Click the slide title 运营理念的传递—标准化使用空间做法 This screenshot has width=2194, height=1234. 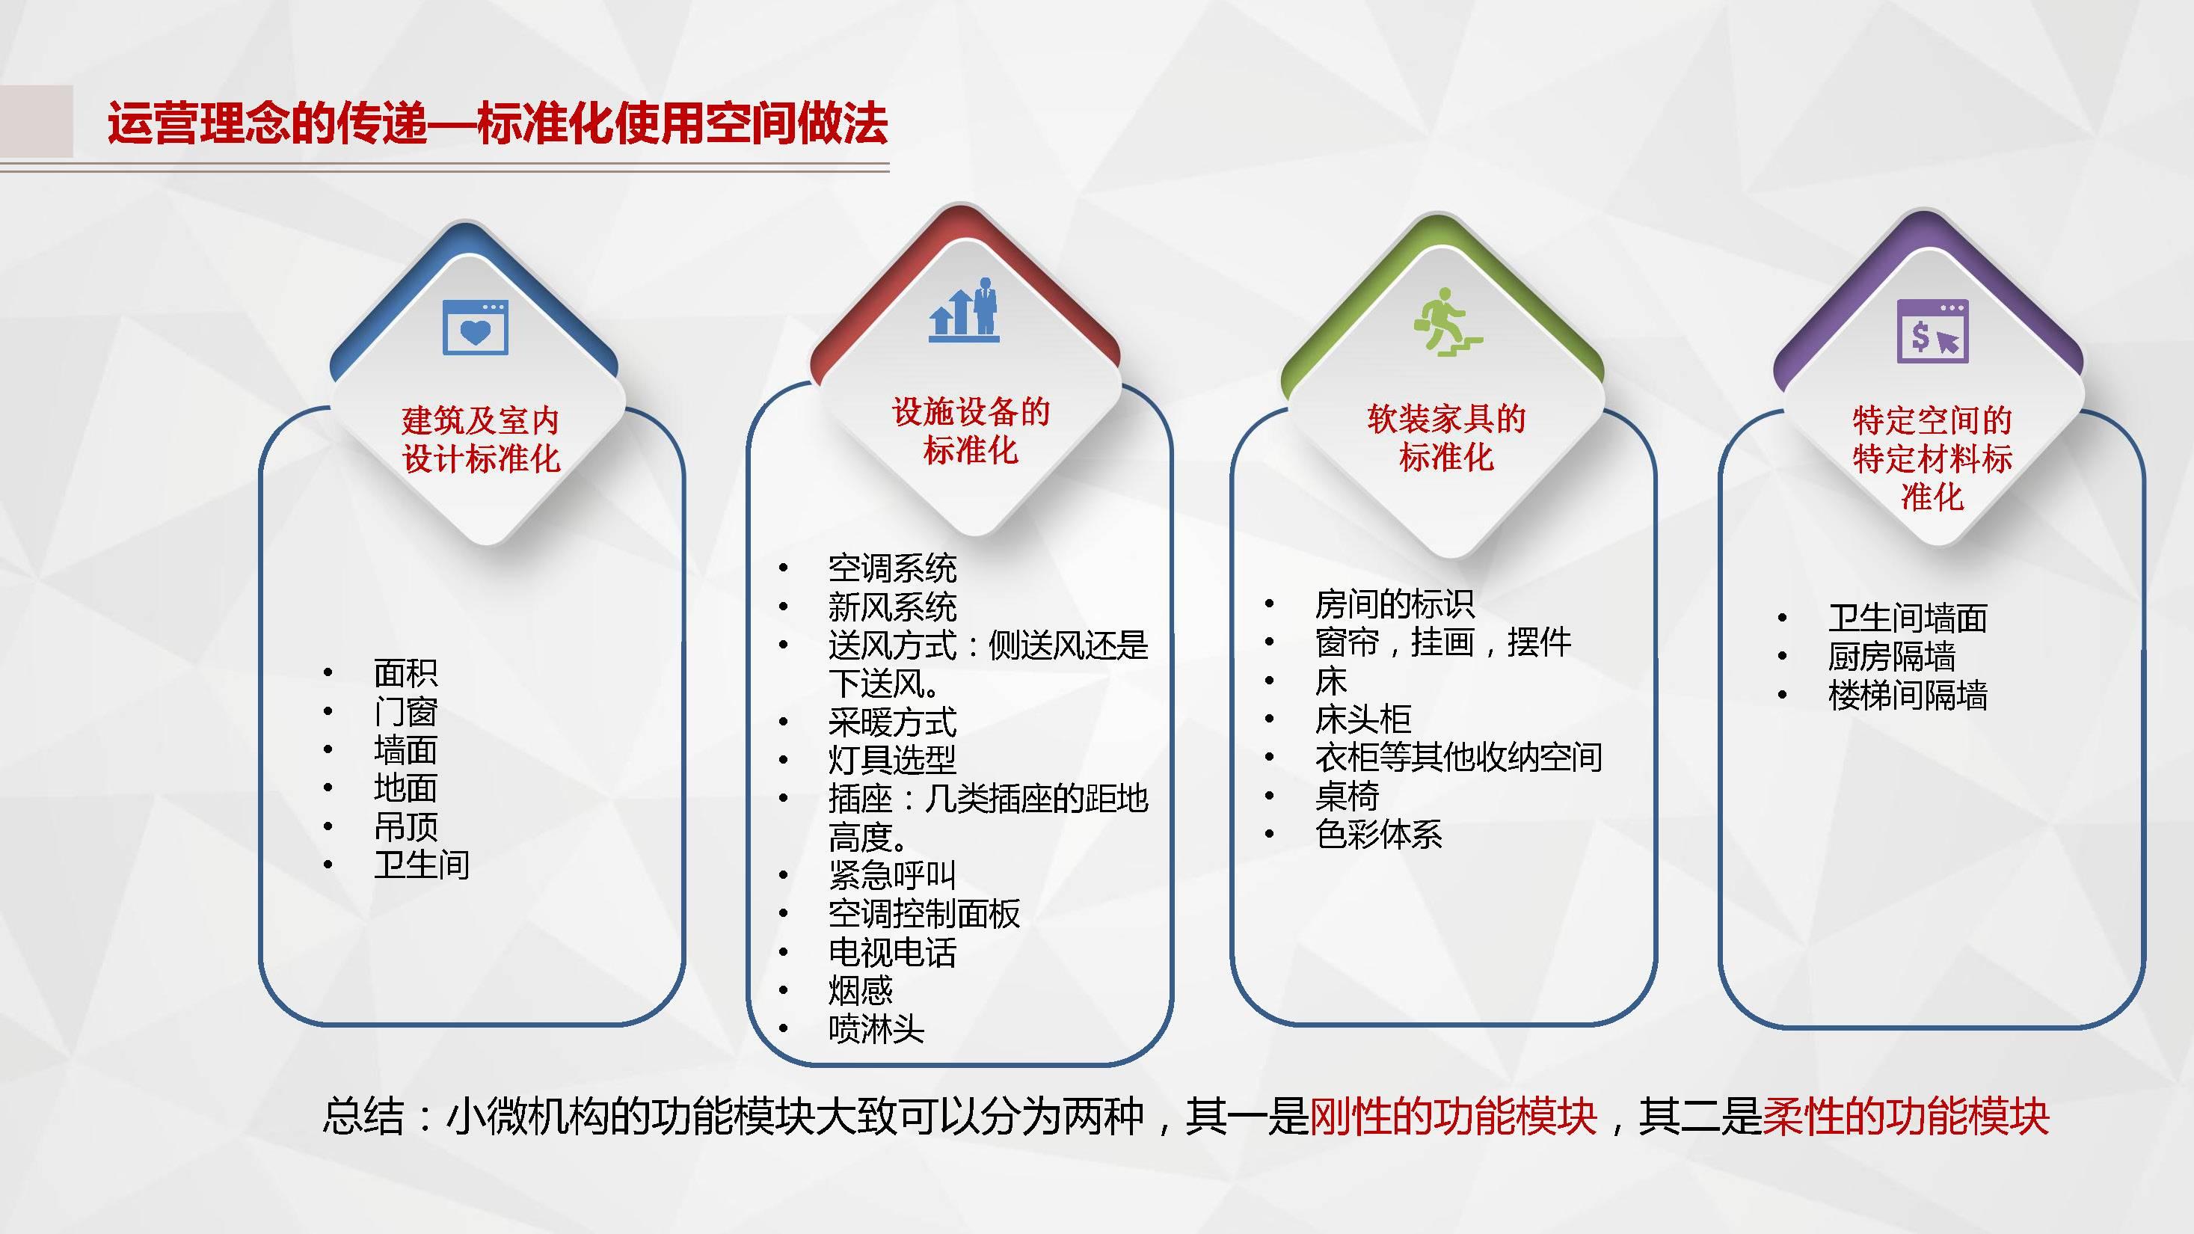(x=497, y=123)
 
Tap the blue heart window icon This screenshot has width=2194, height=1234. (x=476, y=326)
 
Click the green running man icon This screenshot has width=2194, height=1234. (x=1447, y=322)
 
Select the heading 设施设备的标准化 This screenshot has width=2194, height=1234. (x=971, y=431)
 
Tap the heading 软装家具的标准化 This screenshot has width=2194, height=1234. (x=1446, y=438)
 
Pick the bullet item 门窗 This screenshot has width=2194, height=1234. (x=405, y=711)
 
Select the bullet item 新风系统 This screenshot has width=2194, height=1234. (x=893, y=607)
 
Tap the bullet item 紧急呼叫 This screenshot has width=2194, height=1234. (x=893, y=874)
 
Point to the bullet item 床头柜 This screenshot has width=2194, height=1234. (x=1362, y=719)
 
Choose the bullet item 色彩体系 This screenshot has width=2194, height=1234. (x=1379, y=834)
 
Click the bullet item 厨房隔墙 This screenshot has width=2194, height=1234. (x=1892, y=657)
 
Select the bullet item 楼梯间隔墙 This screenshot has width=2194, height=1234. (x=1908, y=695)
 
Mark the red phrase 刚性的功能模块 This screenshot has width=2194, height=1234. (x=1452, y=1117)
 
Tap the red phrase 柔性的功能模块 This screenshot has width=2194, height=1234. (x=1905, y=1117)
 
